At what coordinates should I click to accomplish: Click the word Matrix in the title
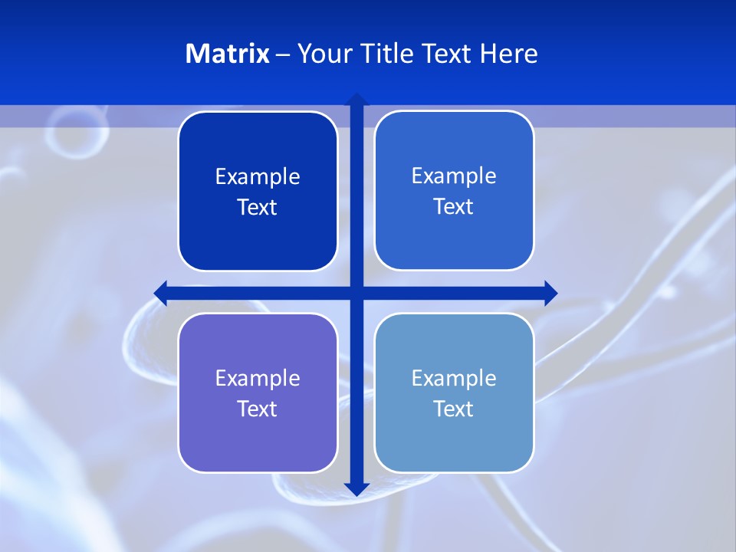click(227, 54)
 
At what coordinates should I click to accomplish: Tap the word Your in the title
click(321, 54)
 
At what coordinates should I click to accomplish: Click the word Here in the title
click(509, 54)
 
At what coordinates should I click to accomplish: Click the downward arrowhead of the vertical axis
click(356, 488)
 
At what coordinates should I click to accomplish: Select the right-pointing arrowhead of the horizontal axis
click(550, 292)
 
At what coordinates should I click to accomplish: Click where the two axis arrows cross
click(356, 292)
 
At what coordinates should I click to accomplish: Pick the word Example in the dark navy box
click(258, 177)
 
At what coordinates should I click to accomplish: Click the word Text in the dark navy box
click(257, 208)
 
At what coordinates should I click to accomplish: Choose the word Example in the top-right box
click(454, 176)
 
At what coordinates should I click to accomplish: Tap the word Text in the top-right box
click(453, 207)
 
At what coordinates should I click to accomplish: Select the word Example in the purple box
click(258, 379)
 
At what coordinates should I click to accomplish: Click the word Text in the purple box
click(257, 409)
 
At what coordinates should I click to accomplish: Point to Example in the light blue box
click(454, 379)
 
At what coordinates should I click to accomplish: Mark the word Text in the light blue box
click(453, 409)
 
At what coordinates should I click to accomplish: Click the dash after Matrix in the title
click(283, 54)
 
